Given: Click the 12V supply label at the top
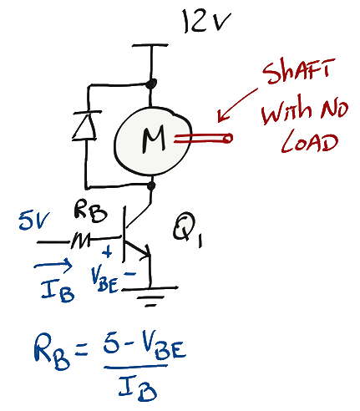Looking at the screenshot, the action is click(206, 21).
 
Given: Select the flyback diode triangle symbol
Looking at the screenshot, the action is click(85, 125).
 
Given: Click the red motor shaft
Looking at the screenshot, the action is click(203, 139).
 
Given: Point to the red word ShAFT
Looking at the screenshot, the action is click(298, 71).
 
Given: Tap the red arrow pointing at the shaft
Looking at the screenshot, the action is click(237, 105).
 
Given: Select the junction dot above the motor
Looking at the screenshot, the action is click(150, 84).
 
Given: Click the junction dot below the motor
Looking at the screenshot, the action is click(151, 185).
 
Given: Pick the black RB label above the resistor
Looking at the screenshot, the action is click(90, 213).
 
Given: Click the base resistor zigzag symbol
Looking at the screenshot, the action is click(80, 241).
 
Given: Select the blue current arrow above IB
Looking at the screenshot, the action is click(53, 266).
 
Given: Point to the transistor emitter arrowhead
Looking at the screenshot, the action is click(145, 253).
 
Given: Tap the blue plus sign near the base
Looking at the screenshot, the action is click(107, 251).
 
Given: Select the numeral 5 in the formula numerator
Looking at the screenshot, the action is click(112, 344).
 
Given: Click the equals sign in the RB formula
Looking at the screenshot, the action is click(81, 350).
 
